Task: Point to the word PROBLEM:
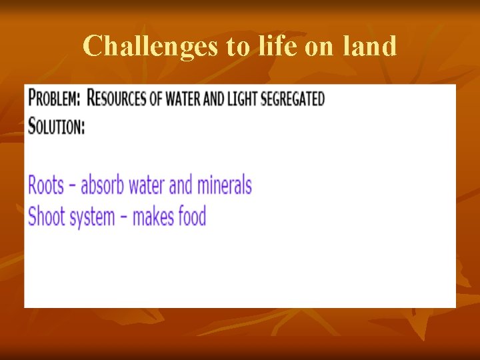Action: [x=55, y=99]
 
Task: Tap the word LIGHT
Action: [x=243, y=99]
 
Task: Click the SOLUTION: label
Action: [x=57, y=126]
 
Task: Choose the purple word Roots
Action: [x=45, y=185]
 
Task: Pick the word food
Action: [x=192, y=217]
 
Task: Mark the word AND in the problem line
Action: [x=213, y=99]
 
